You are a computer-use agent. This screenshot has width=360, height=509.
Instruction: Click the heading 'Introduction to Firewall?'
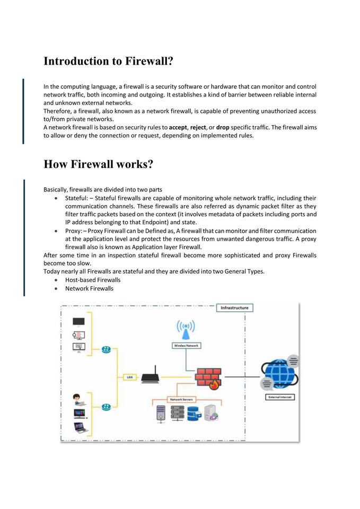coord(108,61)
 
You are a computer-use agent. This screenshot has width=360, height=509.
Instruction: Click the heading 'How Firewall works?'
coord(98,164)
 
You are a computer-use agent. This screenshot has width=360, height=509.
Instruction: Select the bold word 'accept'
coord(179,127)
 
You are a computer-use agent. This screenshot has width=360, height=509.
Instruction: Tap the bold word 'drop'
coord(223,127)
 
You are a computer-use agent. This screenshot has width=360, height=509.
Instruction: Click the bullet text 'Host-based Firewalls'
coord(93,279)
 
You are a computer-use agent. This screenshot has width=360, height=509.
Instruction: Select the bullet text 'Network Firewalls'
coord(89,288)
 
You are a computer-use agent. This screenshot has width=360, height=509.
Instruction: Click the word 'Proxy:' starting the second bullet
coord(74,231)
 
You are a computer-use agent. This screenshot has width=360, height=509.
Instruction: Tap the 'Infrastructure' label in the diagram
coord(234,308)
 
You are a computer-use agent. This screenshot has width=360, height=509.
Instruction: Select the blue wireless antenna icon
coord(186,329)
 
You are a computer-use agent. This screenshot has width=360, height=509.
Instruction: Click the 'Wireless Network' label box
coord(186,345)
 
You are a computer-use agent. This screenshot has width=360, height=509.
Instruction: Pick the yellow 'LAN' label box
coord(129,378)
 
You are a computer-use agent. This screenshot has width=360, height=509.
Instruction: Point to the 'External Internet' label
coord(279,397)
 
